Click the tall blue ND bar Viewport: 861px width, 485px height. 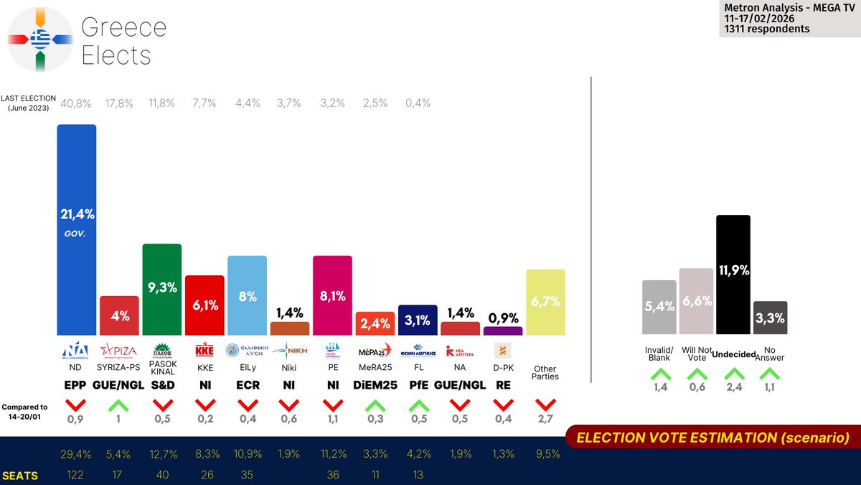point(77,230)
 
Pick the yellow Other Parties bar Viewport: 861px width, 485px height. point(545,302)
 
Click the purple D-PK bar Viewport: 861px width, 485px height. point(503,331)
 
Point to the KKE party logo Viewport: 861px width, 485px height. point(204,350)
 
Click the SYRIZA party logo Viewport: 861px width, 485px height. point(119,350)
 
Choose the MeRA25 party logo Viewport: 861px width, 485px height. point(375,350)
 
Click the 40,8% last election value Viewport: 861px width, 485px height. point(76,103)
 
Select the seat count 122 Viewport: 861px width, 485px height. point(76,475)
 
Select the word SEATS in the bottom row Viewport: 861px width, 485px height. point(20,476)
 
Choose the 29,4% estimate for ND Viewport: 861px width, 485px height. point(76,453)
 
